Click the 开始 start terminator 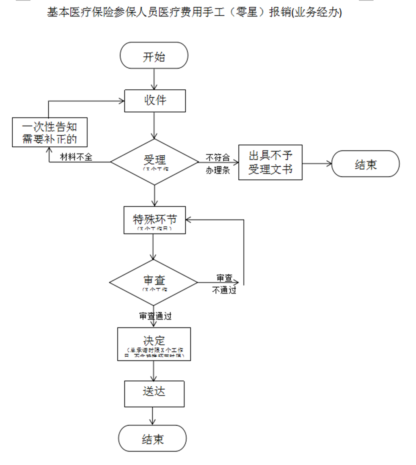[x=154, y=55]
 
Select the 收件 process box [x=154, y=101]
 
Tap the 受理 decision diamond [x=154, y=162]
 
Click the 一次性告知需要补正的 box [x=50, y=132]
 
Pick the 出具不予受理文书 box [x=270, y=162]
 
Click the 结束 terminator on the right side [x=365, y=164]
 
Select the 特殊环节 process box [x=154, y=220]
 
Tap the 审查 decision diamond [x=154, y=282]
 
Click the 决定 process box [x=154, y=344]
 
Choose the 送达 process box [x=154, y=393]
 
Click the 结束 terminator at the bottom [x=152, y=438]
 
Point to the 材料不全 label [x=76, y=157]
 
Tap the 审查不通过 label [x=224, y=284]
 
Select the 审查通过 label [x=155, y=316]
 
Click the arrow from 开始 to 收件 [x=154, y=79]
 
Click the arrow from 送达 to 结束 [x=153, y=415]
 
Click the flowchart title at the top [x=194, y=13]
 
